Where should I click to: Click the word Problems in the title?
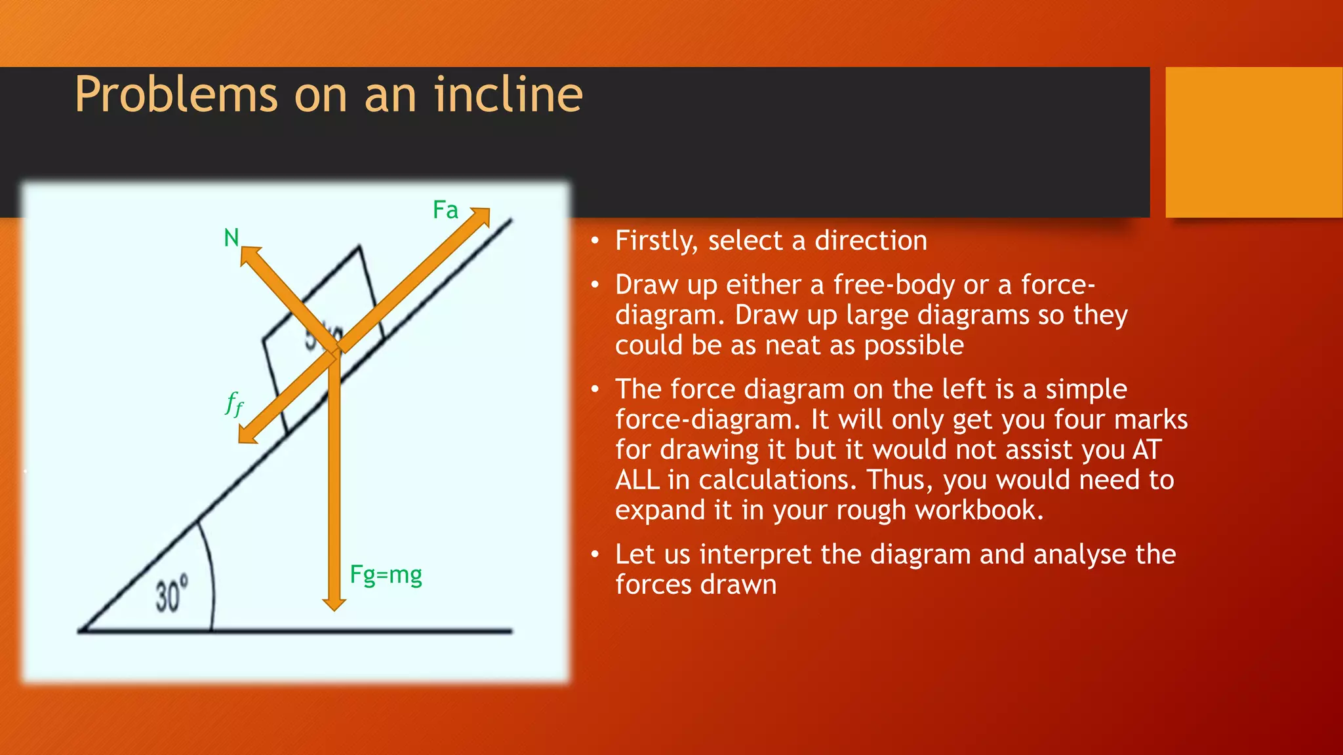coord(176,95)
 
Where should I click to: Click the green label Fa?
coord(445,210)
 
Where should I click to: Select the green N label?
coord(231,238)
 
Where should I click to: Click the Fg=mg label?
coord(386,575)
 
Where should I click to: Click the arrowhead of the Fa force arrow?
coord(482,216)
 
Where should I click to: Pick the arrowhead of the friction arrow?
coord(247,435)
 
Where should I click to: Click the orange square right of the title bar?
coord(1254,142)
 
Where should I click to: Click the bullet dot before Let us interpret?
coord(595,555)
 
